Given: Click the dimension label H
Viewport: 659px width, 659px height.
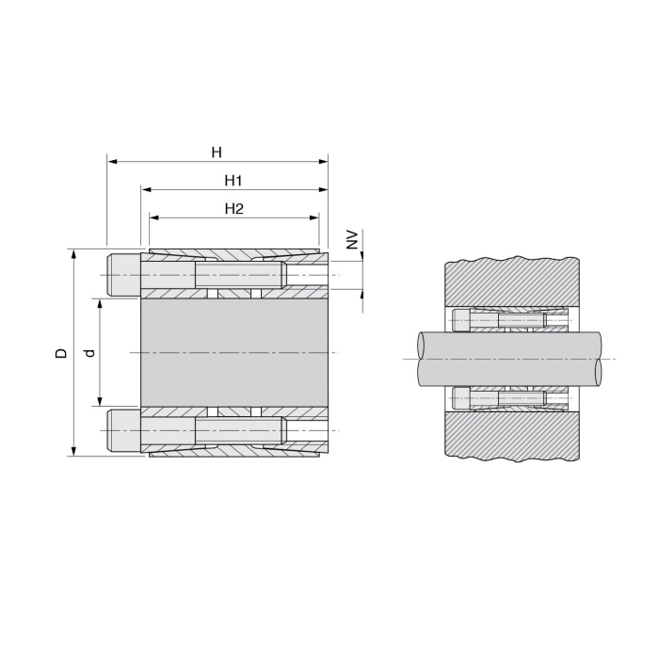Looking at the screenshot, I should coord(217,151).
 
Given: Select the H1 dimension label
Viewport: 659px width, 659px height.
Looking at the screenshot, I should coord(233,179).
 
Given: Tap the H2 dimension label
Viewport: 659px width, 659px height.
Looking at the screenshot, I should coord(233,209).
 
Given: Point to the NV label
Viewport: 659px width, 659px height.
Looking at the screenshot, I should coord(352,239).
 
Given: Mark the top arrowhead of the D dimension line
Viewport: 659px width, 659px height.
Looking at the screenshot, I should coord(72,254).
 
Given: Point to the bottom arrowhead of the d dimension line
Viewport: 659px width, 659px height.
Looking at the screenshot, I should coord(100,402).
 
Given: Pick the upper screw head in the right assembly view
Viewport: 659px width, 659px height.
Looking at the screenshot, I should coord(461,319).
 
